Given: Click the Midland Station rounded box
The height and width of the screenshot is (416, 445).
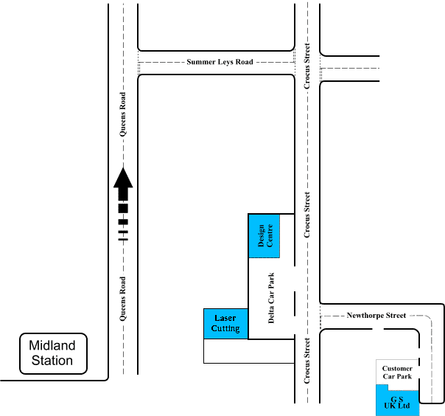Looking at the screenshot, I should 52,353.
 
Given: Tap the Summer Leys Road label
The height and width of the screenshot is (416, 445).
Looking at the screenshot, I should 220,62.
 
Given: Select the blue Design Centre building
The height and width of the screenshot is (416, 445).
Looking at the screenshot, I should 264,237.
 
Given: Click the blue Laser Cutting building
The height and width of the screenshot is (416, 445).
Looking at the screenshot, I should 225,324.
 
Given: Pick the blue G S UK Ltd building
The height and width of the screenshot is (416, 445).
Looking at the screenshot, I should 398,403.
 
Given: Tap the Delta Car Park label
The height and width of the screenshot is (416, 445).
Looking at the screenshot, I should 271,297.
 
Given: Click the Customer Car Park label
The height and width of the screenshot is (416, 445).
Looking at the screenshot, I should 397,372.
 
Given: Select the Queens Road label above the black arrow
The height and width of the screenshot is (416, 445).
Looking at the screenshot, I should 123,114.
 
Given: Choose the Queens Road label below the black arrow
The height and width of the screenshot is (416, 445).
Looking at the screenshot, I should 123,299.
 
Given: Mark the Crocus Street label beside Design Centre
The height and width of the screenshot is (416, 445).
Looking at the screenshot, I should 307,215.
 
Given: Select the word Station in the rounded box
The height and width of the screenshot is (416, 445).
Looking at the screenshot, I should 52,361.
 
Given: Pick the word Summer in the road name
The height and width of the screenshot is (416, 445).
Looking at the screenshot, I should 200,62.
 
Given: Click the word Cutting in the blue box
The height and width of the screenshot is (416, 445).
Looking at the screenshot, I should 225,328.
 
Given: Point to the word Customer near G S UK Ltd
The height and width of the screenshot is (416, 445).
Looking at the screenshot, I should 397,368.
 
